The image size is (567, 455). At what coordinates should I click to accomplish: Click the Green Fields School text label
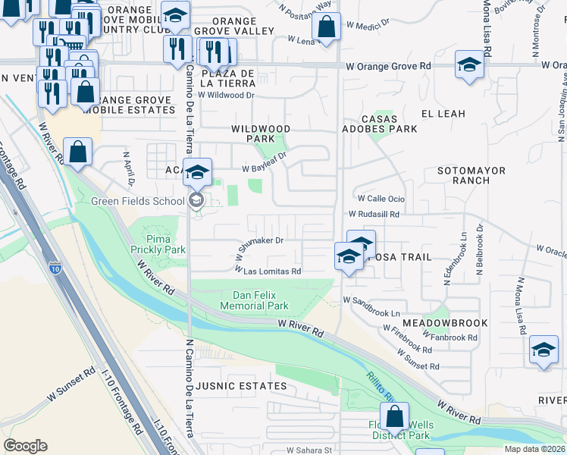[x=137, y=201]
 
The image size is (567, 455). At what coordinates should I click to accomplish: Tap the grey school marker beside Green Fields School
[x=196, y=200]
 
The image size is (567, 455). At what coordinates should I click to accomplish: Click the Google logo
[x=25, y=445]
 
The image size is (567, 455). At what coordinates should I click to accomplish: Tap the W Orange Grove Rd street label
[x=388, y=66]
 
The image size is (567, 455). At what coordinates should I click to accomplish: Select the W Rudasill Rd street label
[x=373, y=215]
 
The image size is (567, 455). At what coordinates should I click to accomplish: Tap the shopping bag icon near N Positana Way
[x=326, y=29]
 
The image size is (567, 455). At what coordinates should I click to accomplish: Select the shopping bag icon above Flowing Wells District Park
[x=395, y=416]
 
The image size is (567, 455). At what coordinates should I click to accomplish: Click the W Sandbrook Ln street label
[x=371, y=312]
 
